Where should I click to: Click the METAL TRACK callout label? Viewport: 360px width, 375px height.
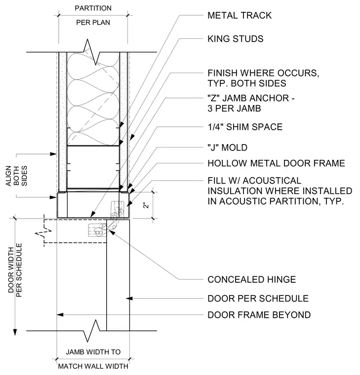tap(240, 16)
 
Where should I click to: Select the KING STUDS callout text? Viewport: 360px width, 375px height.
tap(236, 39)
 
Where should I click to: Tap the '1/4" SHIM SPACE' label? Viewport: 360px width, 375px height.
tap(245, 127)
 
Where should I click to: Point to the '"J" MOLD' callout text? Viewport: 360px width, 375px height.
tap(227, 148)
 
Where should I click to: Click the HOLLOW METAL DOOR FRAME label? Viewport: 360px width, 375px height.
tap(277, 163)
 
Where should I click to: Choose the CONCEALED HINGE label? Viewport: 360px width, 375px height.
tap(252, 280)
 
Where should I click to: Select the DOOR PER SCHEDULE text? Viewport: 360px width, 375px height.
tap(258, 299)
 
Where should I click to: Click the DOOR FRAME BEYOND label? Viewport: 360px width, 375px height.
tap(259, 315)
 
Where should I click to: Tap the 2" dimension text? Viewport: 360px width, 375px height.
tap(146, 205)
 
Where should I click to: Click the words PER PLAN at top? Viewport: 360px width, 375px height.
tap(93, 23)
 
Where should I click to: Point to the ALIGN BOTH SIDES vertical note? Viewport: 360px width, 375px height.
tap(16, 176)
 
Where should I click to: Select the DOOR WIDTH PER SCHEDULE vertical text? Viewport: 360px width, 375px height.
tap(15, 270)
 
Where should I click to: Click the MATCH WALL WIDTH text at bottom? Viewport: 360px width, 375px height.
tap(93, 366)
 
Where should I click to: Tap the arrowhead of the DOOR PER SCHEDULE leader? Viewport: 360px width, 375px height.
tap(129, 299)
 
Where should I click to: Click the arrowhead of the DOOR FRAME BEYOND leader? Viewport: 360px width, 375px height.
tap(60, 315)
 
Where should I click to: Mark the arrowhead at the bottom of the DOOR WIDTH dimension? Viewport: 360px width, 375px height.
tap(15, 333)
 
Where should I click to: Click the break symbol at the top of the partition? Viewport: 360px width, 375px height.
tap(92, 52)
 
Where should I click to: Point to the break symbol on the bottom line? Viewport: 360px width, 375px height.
tap(91, 331)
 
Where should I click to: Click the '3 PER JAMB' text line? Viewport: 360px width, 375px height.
tap(234, 109)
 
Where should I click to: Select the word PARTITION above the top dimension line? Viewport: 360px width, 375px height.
tap(93, 8)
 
